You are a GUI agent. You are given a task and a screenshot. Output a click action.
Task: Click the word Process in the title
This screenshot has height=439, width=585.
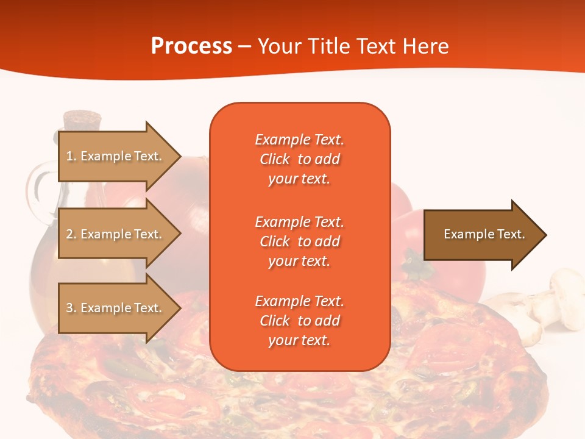pos(191,46)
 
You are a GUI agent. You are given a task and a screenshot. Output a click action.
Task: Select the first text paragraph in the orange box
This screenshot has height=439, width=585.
pos(299,159)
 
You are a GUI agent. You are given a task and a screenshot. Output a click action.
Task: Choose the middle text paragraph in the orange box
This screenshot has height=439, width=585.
pos(299,241)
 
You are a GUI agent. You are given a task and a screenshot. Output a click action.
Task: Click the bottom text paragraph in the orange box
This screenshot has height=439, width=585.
pos(299,321)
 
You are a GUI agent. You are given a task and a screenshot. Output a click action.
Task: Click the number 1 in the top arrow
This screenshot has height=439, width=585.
pos(69,156)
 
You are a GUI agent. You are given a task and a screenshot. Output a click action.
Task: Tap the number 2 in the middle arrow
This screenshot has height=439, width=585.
pos(69,234)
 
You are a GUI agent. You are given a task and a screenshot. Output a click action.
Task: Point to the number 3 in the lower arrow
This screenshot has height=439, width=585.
pos(69,308)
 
